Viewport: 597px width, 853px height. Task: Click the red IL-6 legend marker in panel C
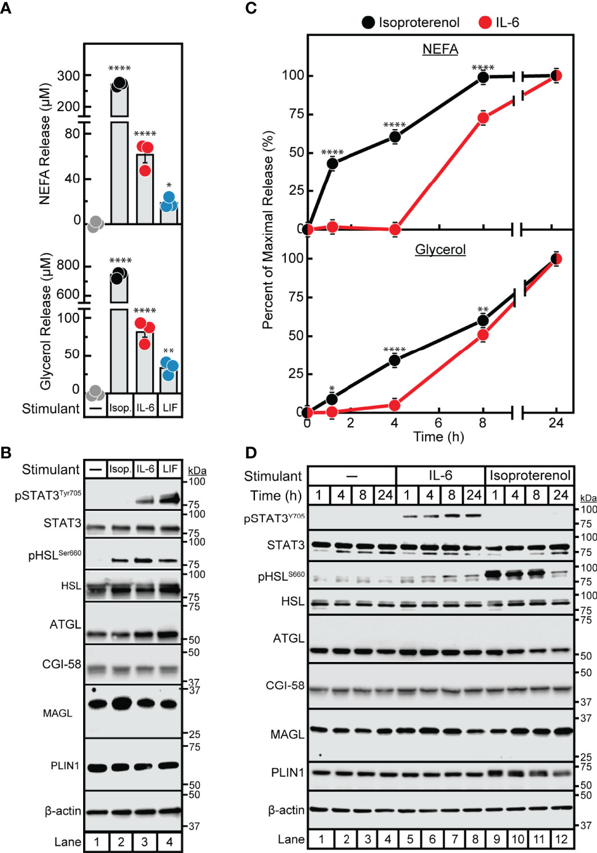(485, 22)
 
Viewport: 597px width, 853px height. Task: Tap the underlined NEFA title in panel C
(440, 49)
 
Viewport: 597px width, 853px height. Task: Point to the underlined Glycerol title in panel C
(440, 249)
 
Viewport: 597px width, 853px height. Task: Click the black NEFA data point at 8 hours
(482, 77)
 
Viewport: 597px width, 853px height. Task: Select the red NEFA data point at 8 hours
(482, 118)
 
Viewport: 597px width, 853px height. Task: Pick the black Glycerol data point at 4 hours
(395, 360)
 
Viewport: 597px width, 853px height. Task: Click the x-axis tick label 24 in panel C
(555, 423)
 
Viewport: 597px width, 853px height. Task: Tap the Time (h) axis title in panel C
(439, 437)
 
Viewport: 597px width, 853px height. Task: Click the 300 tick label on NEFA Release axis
(69, 76)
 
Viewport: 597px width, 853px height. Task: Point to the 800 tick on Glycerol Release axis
(69, 265)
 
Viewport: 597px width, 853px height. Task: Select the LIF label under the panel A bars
(170, 408)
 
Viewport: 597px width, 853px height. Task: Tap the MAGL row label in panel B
(58, 713)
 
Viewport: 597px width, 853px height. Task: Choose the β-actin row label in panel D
(286, 810)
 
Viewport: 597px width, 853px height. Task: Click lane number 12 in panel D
(561, 840)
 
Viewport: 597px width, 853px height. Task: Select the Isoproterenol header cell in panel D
(530, 476)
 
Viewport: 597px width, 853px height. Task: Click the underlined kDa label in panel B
(197, 471)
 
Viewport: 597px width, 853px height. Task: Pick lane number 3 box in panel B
(145, 842)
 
